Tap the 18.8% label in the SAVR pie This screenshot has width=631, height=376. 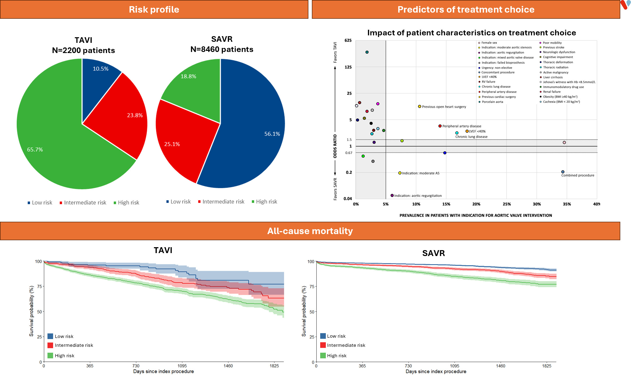[188, 76]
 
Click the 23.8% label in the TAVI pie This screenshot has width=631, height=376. [135, 115]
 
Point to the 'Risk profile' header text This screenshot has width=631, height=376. [154, 9]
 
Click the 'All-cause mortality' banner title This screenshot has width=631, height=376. [310, 231]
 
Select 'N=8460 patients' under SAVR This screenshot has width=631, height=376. [222, 49]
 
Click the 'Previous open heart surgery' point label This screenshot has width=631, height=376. [444, 107]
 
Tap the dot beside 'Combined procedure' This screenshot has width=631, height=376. [563, 172]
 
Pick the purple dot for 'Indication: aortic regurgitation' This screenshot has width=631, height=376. [392, 195]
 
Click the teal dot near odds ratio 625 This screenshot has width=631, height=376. [367, 52]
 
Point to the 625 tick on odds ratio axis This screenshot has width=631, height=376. [348, 40]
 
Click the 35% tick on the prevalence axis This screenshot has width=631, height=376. [567, 204]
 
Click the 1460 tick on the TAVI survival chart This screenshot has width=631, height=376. [228, 366]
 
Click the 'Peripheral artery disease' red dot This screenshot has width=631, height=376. [440, 126]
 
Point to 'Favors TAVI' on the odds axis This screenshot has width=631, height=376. [335, 52]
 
